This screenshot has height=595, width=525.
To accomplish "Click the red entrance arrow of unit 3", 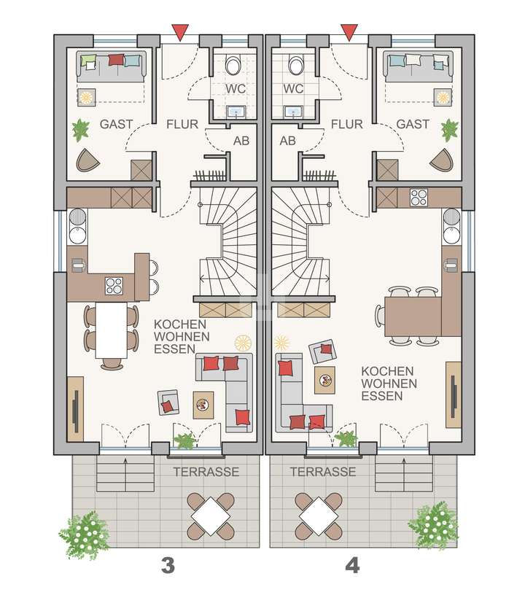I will [x=179, y=31].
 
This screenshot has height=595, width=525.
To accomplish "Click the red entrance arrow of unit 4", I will [x=349, y=31].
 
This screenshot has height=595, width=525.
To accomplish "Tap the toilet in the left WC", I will [x=233, y=66].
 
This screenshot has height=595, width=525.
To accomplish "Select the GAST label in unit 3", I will [x=117, y=124].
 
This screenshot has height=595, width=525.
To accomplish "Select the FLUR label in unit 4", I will [x=347, y=124].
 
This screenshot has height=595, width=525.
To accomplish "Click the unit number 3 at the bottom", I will [x=168, y=565].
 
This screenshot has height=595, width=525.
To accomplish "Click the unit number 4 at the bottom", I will [x=352, y=565].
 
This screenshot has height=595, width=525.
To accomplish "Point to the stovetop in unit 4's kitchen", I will [x=420, y=198].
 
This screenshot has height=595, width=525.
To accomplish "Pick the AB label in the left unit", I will [x=241, y=141].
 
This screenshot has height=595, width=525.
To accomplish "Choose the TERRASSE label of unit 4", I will [x=323, y=472].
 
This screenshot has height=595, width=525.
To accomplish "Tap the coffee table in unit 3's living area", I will [x=203, y=403].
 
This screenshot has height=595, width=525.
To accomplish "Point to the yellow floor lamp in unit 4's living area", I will [x=281, y=342].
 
